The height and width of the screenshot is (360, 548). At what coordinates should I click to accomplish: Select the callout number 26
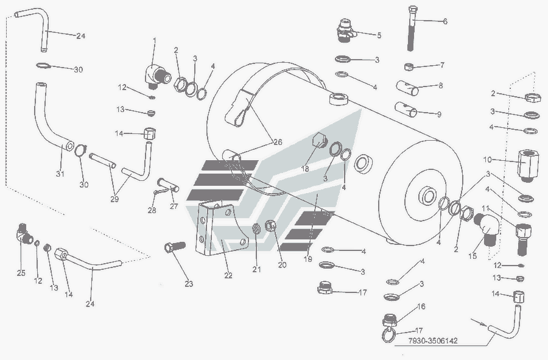(277, 142)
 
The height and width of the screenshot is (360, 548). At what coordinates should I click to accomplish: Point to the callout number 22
(228, 275)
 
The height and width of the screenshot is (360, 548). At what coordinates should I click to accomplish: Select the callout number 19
(307, 259)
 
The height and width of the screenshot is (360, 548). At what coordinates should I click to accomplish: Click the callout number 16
(421, 306)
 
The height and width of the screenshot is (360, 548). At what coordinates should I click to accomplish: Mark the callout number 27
(174, 206)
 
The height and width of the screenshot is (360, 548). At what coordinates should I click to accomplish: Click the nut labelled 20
(273, 227)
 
